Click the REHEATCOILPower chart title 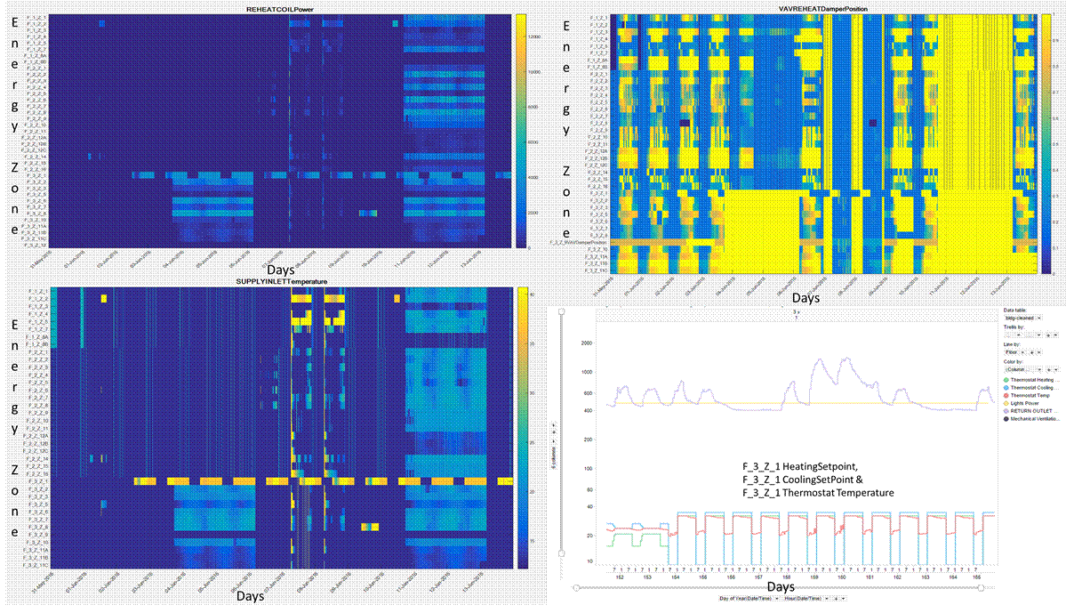point(282,9)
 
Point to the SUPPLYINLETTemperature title point(281,281)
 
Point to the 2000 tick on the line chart point(585,343)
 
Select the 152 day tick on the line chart point(619,578)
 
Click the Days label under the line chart point(781,588)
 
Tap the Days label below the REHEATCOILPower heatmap point(285,268)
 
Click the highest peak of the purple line point(844,359)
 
